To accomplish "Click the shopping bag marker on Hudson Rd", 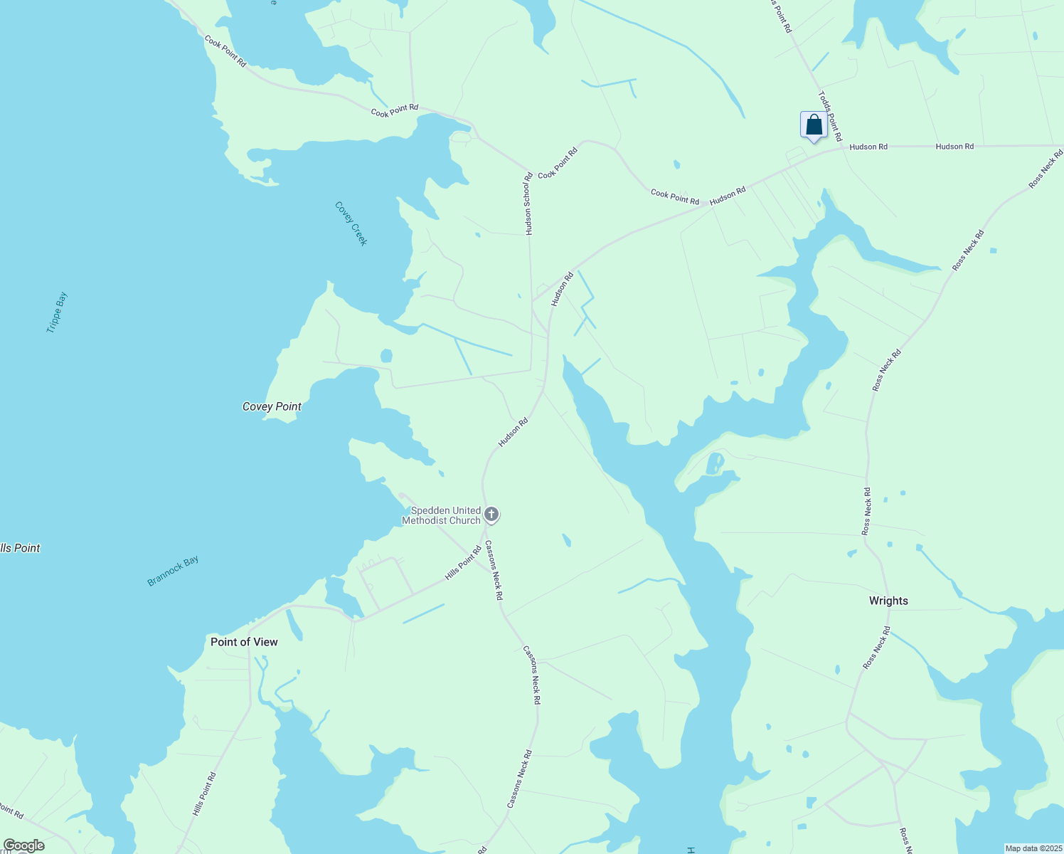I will (814, 125).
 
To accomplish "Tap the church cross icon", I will (491, 515).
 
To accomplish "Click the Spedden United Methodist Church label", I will (442, 516).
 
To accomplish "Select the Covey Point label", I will (272, 406).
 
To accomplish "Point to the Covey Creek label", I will (351, 223).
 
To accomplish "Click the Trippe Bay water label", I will (57, 312).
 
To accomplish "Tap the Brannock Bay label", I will (173, 571).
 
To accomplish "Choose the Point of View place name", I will (244, 642).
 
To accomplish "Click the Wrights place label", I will (888, 601).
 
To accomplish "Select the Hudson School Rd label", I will (528, 204).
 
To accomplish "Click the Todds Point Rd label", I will (829, 115).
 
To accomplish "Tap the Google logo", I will (23, 845).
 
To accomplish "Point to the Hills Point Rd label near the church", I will (463, 563).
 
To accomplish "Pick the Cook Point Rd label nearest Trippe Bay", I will (225, 51).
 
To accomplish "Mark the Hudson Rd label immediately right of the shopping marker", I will (868, 147).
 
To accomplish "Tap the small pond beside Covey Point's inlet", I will (386, 355).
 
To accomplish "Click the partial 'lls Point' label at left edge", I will (20, 548).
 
